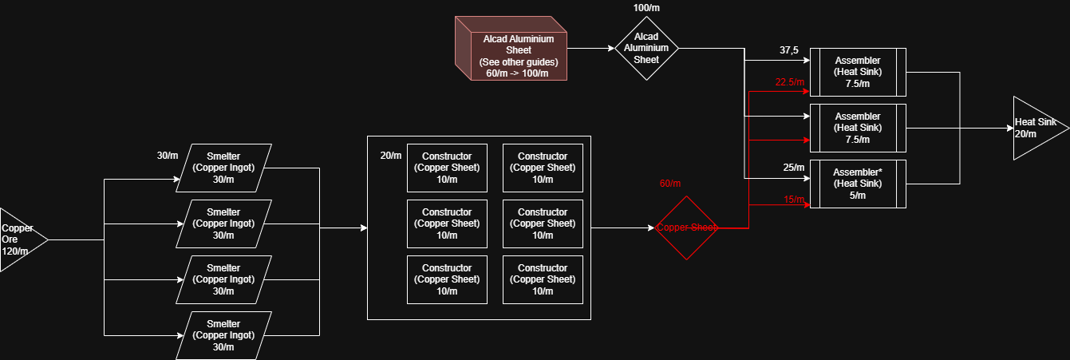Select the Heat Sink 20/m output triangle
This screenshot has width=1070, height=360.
point(1036,128)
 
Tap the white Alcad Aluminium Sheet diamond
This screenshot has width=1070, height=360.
point(646,48)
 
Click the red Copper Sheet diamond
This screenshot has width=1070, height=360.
point(686,227)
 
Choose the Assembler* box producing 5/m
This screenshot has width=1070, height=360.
point(858,184)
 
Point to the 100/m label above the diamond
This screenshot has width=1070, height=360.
point(646,8)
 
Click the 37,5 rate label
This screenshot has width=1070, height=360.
point(790,50)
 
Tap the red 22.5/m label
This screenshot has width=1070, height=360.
point(790,82)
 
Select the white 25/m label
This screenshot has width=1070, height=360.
point(793,168)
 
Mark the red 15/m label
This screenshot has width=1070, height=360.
point(794,200)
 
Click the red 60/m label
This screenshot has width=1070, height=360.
point(671,184)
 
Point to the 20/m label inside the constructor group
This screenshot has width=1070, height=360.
point(391,155)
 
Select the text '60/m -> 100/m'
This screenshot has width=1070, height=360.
point(517,73)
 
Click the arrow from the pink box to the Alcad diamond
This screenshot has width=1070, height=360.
point(590,48)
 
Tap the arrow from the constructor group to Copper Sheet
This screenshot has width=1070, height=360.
point(622,227)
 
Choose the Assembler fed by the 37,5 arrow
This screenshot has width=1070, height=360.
point(858,72)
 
